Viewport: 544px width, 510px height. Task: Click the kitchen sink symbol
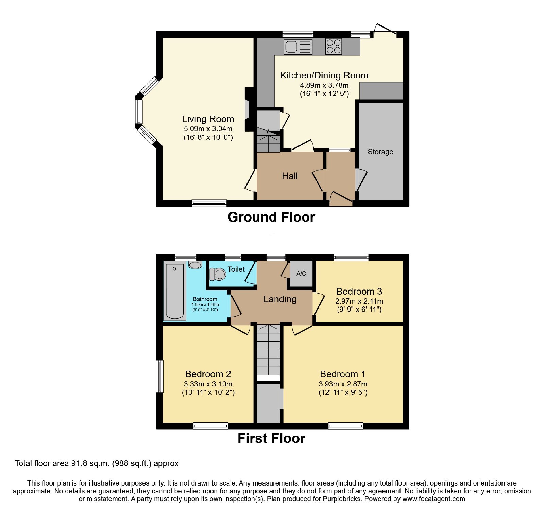pyautogui.click(x=298, y=47)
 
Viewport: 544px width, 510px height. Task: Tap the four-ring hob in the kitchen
pyautogui.click(x=334, y=47)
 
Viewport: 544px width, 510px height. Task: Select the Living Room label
pyautogui.click(x=208, y=119)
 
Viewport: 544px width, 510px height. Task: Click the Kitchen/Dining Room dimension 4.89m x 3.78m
pyautogui.click(x=324, y=85)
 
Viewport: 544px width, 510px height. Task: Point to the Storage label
pyautogui.click(x=380, y=152)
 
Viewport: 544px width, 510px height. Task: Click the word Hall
pyautogui.click(x=290, y=176)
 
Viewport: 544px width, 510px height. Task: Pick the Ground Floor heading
pyautogui.click(x=271, y=217)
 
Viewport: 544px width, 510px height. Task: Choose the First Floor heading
pyautogui.click(x=271, y=438)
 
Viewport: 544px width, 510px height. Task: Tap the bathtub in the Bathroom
pyautogui.click(x=174, y=291)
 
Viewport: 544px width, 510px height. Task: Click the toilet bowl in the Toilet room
pyautogui.click(x=218, y=274)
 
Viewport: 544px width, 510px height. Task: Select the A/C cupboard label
pyautogui.click(x=301, y=274)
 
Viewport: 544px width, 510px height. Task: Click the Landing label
pyautogui.click(x=280, y=299)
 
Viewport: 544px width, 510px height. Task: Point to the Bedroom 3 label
pyautogui.click(x=359, y=291)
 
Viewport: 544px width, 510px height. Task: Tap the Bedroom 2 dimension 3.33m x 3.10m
pyautogui.click(x=208, y=384)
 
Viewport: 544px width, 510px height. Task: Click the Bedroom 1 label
pyautogui.click(x=343, y=374)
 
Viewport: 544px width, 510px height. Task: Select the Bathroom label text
pyautogui.click(x=205, y=299)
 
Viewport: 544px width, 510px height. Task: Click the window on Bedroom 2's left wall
pyautogui.click(x=160, y=376)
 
